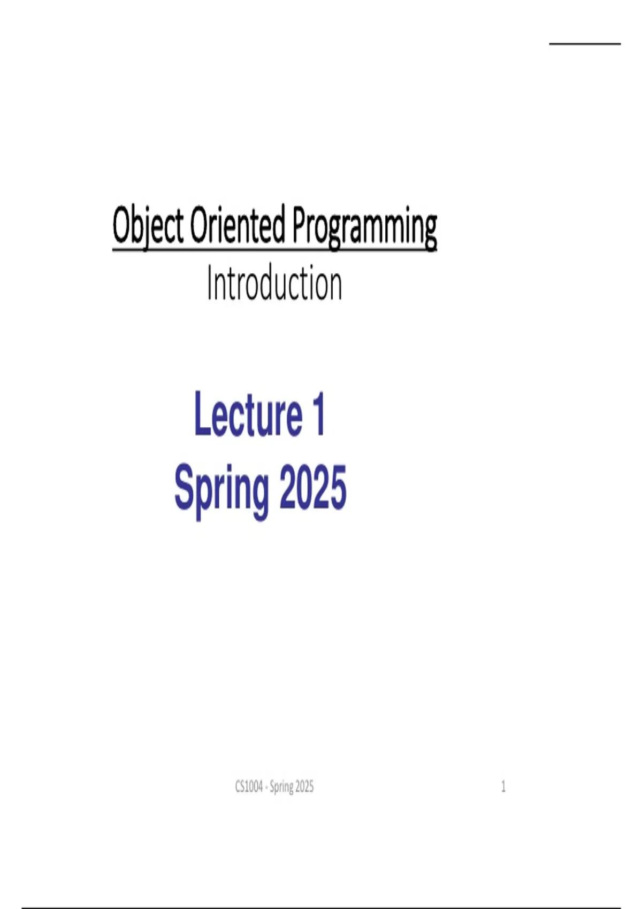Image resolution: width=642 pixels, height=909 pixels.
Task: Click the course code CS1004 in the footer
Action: (249, 787)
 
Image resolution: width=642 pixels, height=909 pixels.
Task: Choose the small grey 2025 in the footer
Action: (304, 787)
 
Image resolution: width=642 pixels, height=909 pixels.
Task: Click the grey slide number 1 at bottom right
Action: (503, 787)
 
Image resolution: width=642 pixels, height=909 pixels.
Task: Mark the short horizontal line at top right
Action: (585, 43)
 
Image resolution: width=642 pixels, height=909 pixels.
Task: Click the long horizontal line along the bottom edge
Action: (321, 907)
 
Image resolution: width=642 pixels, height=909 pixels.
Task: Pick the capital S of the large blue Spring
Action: (186, 487)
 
